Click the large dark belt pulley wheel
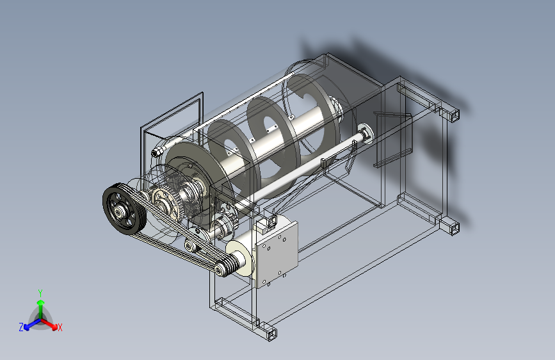[x=124, y=209]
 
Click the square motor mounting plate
[x=277, y=254]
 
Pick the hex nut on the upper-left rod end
[x=157, y=152]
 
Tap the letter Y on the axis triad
[x=40, y=293]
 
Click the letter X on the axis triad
[x=60, y=327]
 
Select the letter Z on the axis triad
[x=21, y=327]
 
